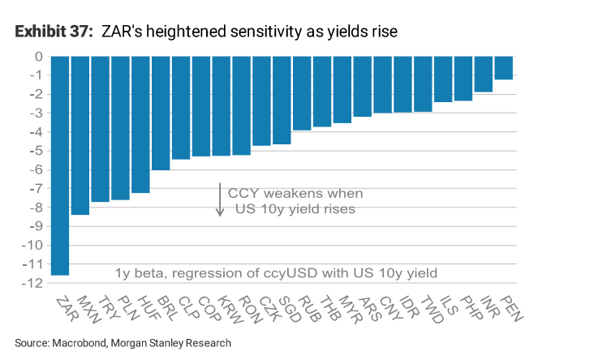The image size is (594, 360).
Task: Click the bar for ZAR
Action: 59,165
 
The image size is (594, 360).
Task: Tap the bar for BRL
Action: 161,113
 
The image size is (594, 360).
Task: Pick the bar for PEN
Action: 503,68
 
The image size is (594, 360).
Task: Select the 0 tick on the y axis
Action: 37,57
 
